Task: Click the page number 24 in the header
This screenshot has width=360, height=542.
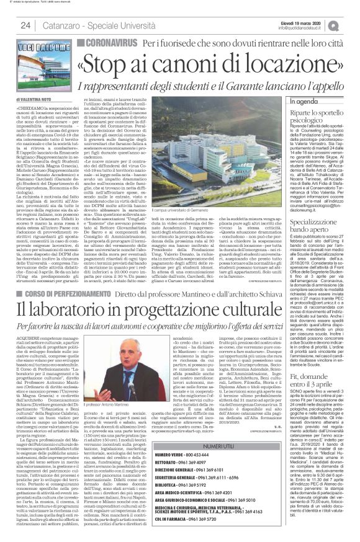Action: [25, 25]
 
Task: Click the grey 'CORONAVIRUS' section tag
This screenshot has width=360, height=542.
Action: [107, 42]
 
